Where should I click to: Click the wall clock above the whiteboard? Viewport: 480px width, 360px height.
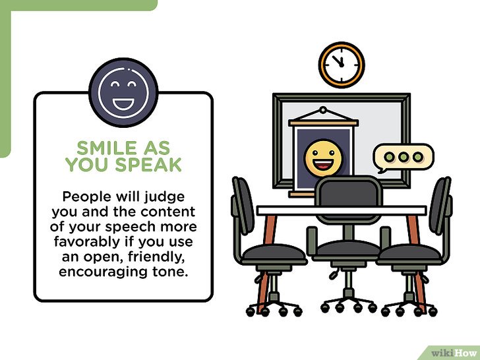[342, 65]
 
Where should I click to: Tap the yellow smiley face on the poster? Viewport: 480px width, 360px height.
[323, 158]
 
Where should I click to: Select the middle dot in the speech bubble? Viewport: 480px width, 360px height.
[404, 157]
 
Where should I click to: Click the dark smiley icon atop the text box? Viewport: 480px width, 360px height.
[123, 92]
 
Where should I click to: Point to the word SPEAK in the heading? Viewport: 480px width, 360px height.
[148, 164]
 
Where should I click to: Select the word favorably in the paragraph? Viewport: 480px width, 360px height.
[87, 242]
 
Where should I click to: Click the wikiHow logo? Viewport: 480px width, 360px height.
[454, 353]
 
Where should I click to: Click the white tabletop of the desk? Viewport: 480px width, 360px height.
[342, 210]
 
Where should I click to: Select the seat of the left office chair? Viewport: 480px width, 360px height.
[274, 254]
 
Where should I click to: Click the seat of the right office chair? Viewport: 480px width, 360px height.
[409, 254]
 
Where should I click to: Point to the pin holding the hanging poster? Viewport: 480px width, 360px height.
[323, 109]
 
